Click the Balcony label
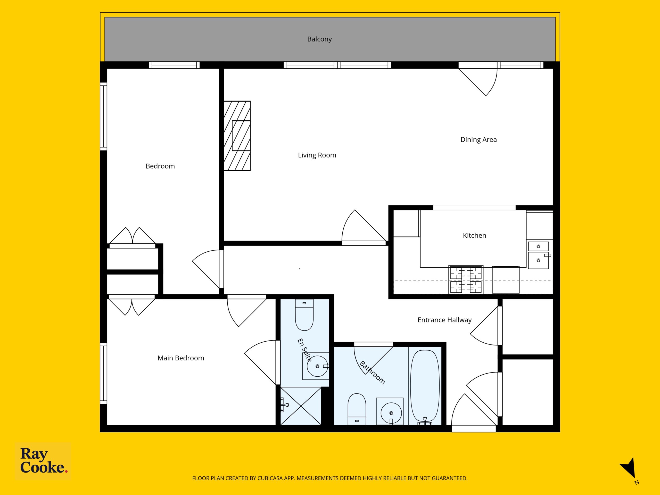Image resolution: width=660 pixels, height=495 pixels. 319,39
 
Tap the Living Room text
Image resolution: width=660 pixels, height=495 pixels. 317,155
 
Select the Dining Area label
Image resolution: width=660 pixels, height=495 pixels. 478,140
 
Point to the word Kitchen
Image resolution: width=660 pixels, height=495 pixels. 474,235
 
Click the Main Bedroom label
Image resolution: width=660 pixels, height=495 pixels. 181,358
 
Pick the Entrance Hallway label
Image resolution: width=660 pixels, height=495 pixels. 444,320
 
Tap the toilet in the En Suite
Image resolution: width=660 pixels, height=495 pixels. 304,315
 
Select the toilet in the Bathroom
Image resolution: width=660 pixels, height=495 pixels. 357,409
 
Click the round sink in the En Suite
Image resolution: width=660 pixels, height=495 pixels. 317,366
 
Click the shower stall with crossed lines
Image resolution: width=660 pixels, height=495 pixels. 301,406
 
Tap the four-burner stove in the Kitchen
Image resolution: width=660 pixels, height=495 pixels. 466,279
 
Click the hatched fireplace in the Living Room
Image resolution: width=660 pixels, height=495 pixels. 237,136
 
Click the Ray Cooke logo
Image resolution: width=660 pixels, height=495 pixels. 43,461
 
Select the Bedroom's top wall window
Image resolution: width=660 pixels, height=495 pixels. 174,65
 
